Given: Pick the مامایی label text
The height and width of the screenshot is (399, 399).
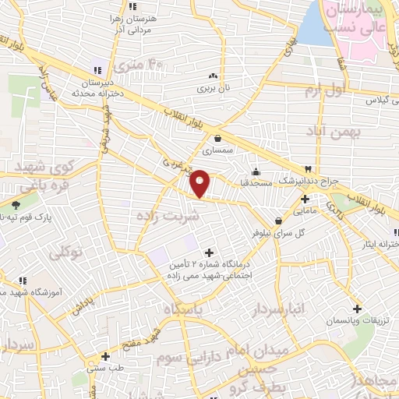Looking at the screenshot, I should [x=305, y=210].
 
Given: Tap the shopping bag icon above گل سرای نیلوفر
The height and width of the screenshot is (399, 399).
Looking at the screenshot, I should [x=278, y=221].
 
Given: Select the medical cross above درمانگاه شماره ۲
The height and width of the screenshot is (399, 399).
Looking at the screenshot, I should [x=208, y=252].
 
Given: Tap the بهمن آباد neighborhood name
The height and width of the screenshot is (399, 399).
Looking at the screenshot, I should [x=336, y=132].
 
